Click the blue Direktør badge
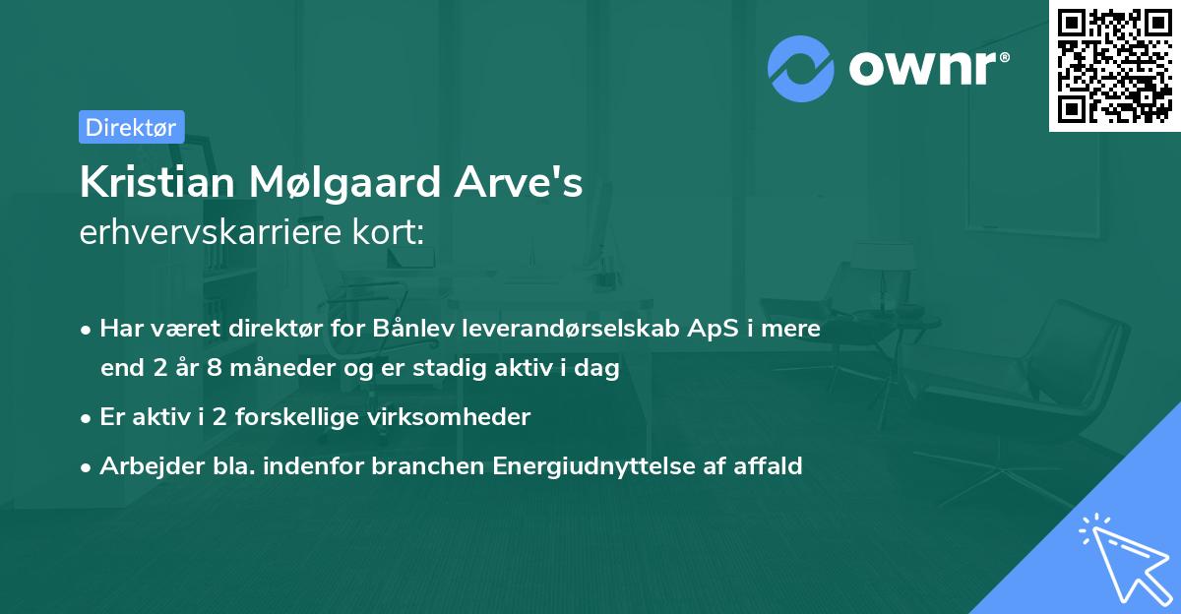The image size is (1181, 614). point(131,127)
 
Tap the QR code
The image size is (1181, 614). point(1114,65)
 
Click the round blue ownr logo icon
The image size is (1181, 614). point(800,68)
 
